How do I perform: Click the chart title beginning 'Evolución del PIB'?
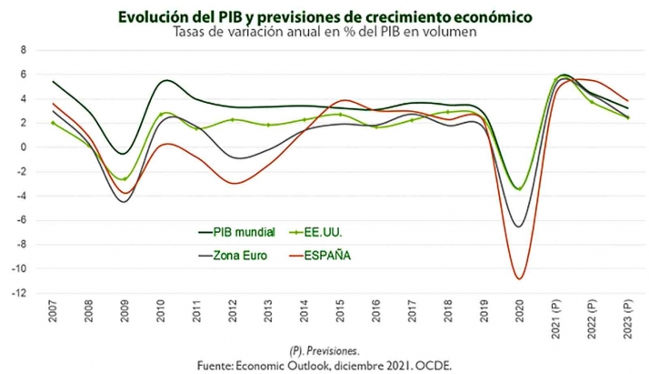324,16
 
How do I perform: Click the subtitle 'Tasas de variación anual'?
324,32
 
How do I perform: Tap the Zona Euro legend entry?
238,255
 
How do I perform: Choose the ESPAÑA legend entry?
333,255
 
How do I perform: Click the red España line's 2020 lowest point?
519,278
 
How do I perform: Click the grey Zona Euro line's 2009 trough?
125,201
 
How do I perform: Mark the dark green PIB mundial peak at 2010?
163,80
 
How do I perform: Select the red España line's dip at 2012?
235,184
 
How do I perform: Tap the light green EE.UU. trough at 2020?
519,189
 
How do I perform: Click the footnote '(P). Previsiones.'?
324,349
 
